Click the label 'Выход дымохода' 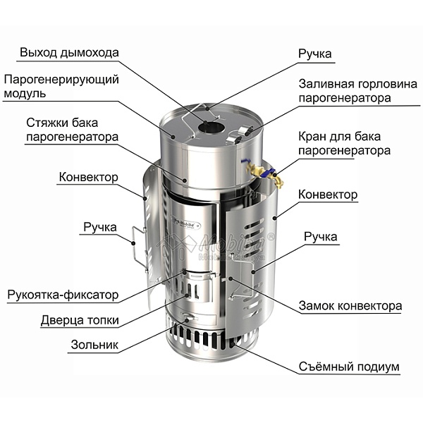pos(69,53)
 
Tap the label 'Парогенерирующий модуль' pos(61,86)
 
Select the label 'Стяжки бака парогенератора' pos(73,130)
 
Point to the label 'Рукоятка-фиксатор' pos(63,295)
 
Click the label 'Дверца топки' pos(80,320)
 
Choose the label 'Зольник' pos(94,345)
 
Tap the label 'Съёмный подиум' pos(349,367)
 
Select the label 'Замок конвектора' pos(350,306)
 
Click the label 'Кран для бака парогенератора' pos(344,144)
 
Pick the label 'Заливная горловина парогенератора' pos(357,91)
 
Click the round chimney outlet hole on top pos(211,128)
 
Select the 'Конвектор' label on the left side pos(89,177)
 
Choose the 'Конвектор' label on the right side pos(328,195)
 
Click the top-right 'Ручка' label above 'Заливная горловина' pos(315,54)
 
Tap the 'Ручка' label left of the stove pos(100,227)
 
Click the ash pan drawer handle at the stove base pos(188,318)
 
